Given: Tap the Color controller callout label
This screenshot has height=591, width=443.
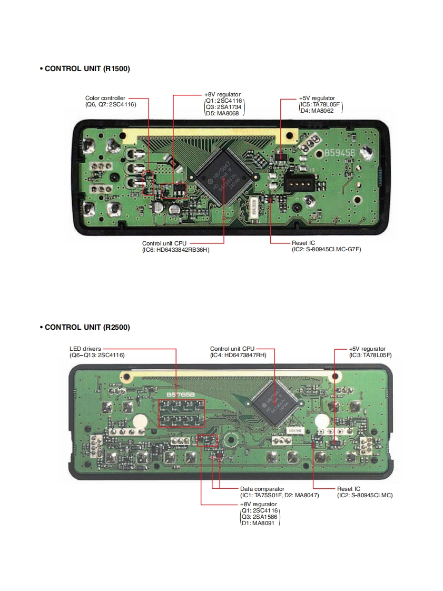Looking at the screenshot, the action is point(105,98).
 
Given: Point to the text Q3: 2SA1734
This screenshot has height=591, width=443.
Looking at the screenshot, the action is point(223,107).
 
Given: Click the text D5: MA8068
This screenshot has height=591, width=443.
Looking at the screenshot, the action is point(222,113).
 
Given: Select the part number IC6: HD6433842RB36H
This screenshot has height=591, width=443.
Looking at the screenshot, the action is point(175,249).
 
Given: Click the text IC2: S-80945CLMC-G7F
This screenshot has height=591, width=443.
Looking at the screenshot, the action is point(327,249).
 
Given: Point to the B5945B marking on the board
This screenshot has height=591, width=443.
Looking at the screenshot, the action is point(339,153).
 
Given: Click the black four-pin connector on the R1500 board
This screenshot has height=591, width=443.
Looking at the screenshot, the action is point(299,183).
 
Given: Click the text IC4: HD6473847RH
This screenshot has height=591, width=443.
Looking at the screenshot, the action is point(238,356).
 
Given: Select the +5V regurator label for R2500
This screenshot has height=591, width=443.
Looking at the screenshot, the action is point(367,349).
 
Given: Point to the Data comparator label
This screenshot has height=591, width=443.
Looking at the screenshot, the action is point(262,489).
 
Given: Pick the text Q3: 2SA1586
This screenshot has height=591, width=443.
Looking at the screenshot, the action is point(259,517).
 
